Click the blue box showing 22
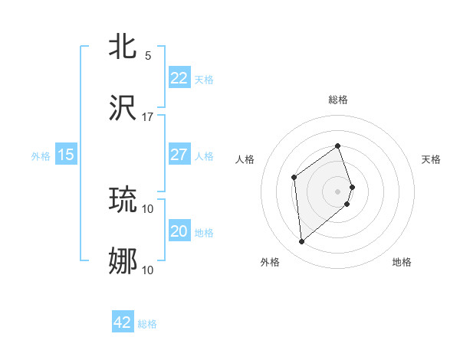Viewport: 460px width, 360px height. click(179, 78)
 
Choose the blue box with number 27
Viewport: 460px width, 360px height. click(179, 155)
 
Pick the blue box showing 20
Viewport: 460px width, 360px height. click(179, 231)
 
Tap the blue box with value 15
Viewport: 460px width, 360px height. click(66, 155)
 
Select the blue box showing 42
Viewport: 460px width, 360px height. click(123, 322)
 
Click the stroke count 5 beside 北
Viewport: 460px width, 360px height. click(148, 56)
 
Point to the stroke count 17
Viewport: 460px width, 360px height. click(148, 117)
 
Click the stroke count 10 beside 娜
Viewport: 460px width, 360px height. click(148, 270)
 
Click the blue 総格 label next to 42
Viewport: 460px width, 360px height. click(147, 324)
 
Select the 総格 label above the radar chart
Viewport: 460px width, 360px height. click(337, 100)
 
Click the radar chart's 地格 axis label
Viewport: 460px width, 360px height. click(402, 262)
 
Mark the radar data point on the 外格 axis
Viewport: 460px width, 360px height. click(301, 242)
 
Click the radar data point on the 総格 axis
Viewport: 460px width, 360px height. click(337, 146)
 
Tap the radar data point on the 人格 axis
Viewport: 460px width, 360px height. click(294, 178)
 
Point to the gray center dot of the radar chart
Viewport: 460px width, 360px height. click(337, 191)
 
